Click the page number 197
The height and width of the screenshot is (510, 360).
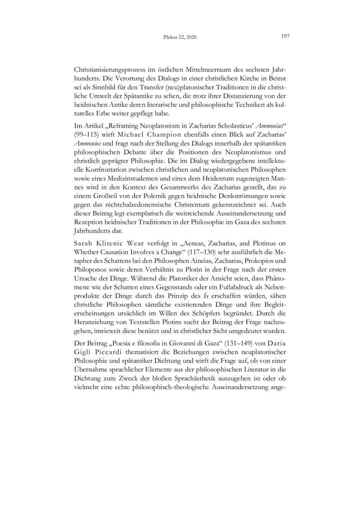(x=284, y=36)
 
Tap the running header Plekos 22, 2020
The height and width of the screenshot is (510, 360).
(x=179, y=37)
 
